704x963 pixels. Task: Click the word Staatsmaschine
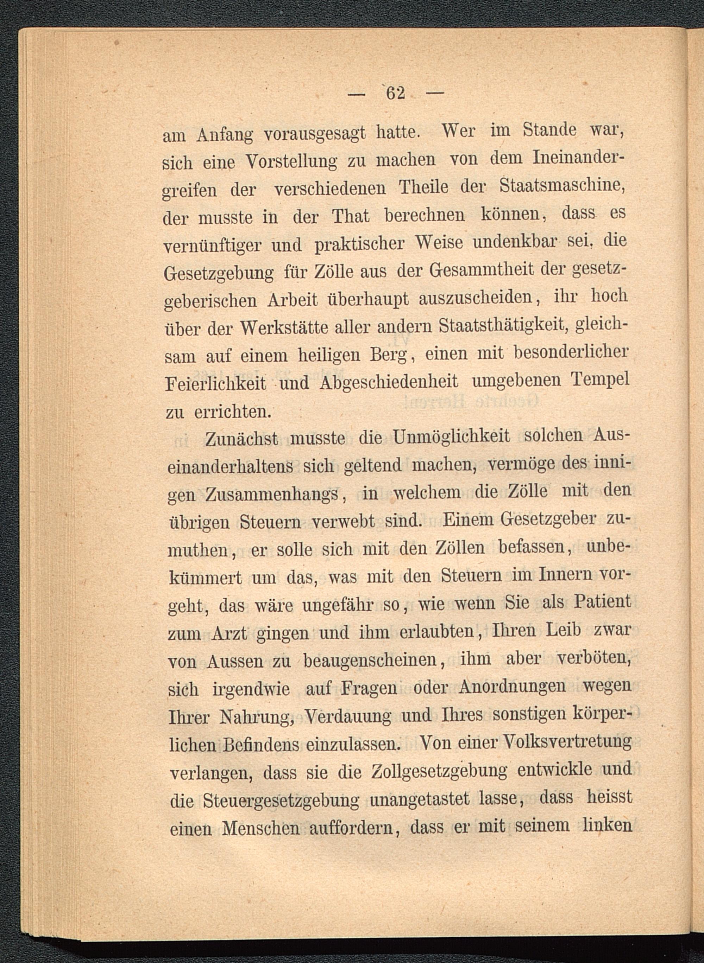[x=562, y=187]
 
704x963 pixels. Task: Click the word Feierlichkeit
[x=215, y=384]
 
